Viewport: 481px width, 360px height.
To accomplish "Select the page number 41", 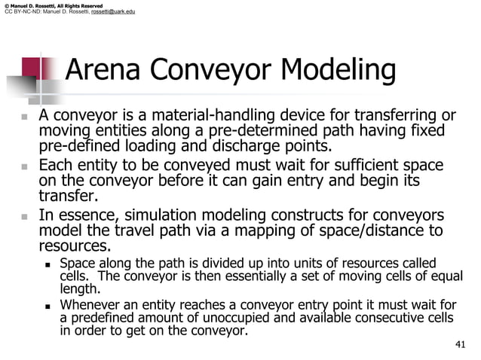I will [461, 345].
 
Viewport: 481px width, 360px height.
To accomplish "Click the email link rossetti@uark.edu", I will [112, 12].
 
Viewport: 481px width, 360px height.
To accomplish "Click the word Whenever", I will [89, 304].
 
